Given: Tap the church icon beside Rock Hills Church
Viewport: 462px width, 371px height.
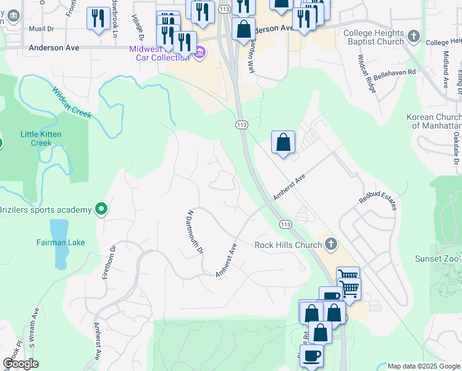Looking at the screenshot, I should pyautogui.click(x=332, y=244).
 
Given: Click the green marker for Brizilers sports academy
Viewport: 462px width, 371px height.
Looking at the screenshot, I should pyautogui.click(x=102, y=210).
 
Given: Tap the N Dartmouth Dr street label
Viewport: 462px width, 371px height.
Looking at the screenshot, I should pyautogui.click(x=195, y=231).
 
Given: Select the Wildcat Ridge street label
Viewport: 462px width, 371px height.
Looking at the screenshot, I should pyautogui.click(x=367, y=73).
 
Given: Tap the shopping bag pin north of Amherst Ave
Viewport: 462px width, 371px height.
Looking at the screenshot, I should pyautogui.click(x=283, y=142).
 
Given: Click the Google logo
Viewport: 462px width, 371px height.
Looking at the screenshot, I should pyautogui.click(x=20, y=364).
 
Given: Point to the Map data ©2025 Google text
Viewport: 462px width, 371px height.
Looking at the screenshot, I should pyautogui.click(x=423, y=366).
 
